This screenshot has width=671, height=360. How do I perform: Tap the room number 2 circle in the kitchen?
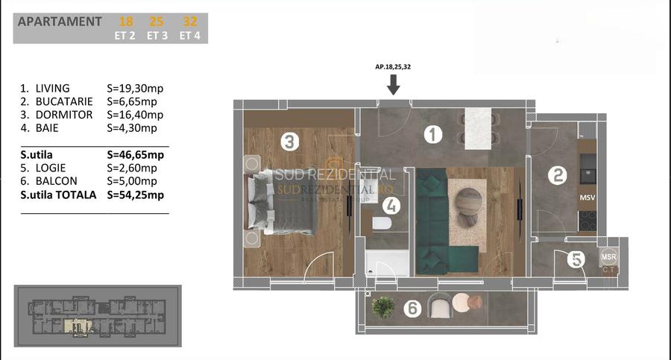557,176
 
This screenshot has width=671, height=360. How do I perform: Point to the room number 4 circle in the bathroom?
392,205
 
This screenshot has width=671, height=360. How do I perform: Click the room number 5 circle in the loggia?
575,259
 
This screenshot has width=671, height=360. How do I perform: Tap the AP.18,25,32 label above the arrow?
394,67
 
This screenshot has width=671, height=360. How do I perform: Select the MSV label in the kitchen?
587,198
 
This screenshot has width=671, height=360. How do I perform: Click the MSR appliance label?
609,258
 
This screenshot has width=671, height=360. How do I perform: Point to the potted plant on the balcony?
383,306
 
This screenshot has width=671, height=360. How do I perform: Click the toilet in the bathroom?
382,224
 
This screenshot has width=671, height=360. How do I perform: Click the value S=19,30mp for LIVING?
135,88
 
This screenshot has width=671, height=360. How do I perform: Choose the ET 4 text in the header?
189,35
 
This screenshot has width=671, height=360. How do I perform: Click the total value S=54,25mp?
136,195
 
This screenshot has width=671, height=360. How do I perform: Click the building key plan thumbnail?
98,316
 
